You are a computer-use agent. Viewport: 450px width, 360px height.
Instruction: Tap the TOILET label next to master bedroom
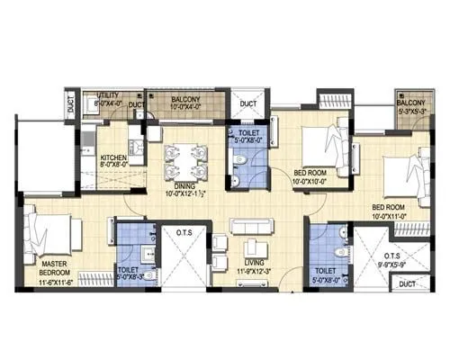[x=128, y=268]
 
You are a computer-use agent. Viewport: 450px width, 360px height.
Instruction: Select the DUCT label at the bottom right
[x=407, y=284]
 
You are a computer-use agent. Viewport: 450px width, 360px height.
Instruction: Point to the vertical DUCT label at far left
[x=72, y=105]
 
